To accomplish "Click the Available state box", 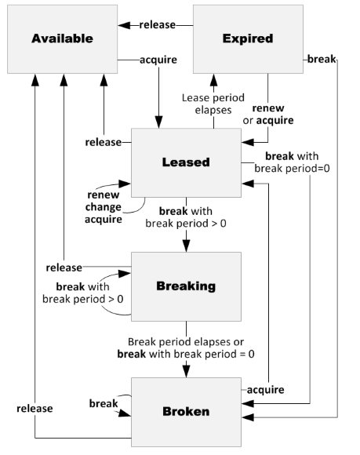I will [63, 38].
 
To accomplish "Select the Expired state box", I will [247, 38].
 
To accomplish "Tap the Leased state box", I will [185, 162].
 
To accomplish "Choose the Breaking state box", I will [185, 286].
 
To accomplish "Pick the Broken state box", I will [185, 409].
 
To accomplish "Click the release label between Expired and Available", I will [156, 25].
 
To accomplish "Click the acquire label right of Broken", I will [265, 390].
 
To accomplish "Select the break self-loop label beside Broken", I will [103, 403].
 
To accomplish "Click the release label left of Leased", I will [103, 142].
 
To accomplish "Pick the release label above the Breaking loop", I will [64, 268].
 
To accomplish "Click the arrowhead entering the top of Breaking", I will [185, 247].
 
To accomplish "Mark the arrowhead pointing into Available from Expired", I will [122, 25].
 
